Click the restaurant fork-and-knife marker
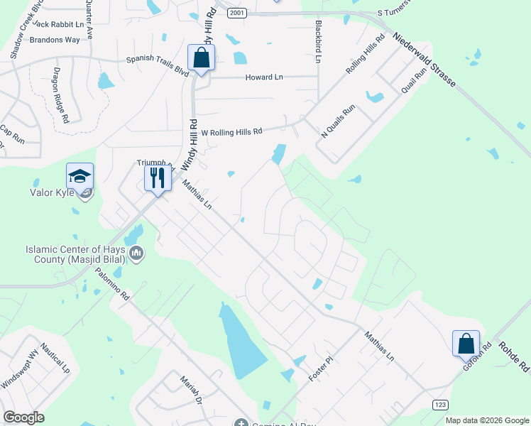(157, 177)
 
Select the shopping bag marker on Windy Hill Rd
(201, 58)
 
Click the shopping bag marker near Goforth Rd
(466, 344)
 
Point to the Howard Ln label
(264, 77)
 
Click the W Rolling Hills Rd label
(232, 131)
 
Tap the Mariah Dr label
(191, 390)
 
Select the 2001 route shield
(236, 12)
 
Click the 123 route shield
(440, 404)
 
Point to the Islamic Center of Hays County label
(75, 254)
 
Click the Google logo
(23, 417)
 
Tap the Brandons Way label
(55, 40)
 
